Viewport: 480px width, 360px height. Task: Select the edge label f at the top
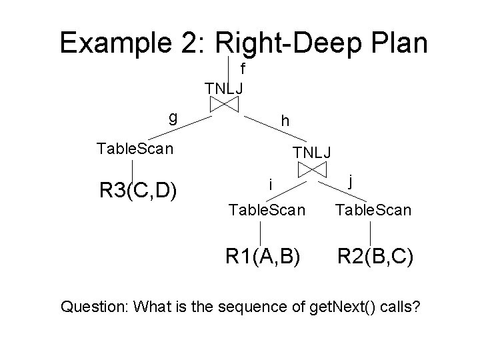[x=243, y=69]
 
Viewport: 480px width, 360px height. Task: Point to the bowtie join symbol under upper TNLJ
[x=225, y=104]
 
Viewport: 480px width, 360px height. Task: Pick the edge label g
[x=173, y=117]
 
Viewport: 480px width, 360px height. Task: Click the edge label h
[x=285, y=121]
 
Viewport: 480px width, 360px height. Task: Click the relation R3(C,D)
[x=137, y=190]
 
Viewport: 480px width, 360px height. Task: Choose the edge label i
[x=269, y=183]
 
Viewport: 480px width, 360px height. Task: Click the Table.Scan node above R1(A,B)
[x=267, y=211]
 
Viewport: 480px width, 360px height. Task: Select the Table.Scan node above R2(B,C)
[x=373, y=211]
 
